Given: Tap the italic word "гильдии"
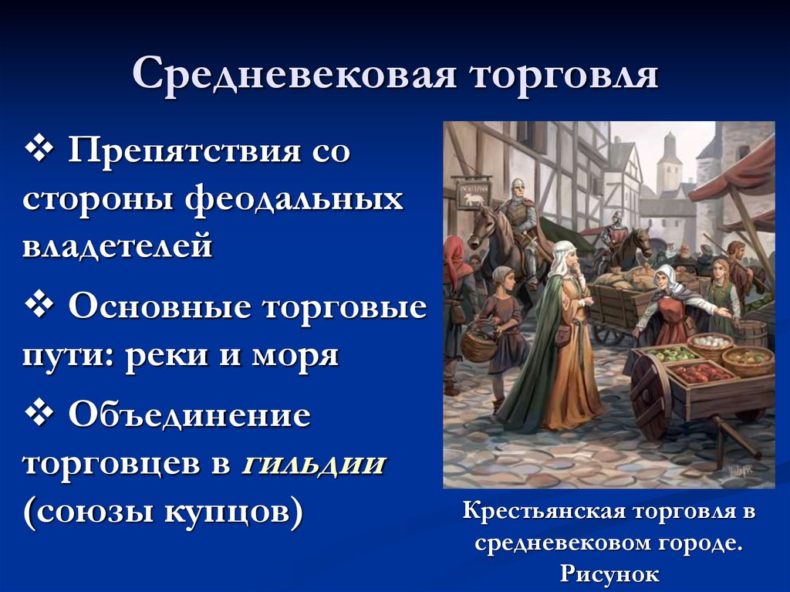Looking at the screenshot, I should (314, 465).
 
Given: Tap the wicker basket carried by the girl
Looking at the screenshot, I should (478, 343).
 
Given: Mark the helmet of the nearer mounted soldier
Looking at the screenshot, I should (516, 185).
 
